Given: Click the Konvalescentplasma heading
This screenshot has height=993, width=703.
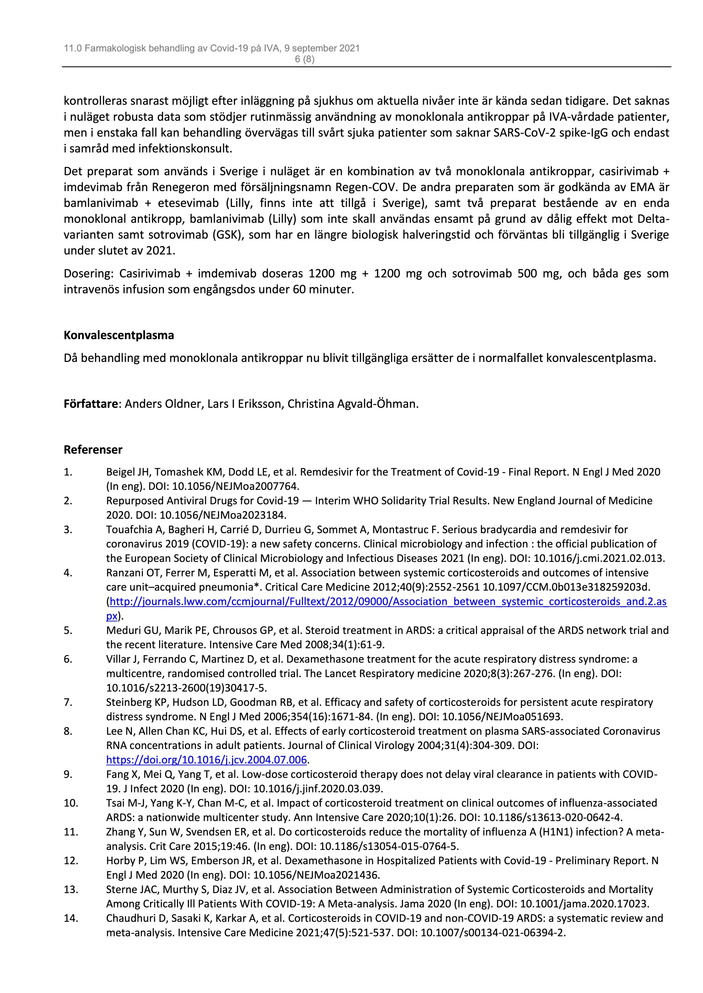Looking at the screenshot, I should pos(119,335).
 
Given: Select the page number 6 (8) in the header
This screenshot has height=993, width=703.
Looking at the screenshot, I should pos(304,59).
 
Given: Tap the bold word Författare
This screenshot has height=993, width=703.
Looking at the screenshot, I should pos(90,404).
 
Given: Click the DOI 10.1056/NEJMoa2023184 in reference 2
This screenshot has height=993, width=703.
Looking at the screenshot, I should pos(222,515).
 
